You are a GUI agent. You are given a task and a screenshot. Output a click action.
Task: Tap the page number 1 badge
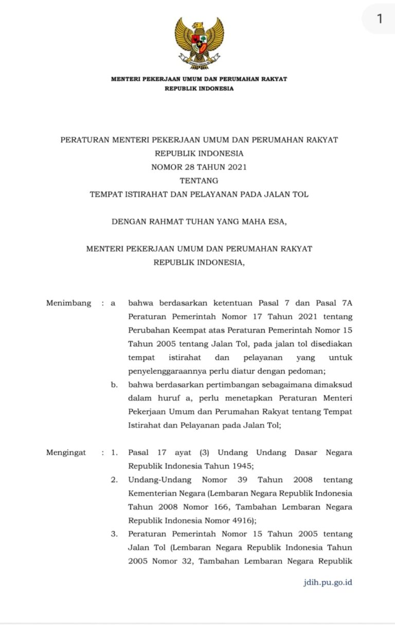pyautogui.click(x=380, y=19)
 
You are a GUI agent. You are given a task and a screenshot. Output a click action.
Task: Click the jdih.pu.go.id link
pyautogui.click(x=328, y=582)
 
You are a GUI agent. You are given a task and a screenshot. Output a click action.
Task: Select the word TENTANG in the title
pyautogui.click(x=199, y=181)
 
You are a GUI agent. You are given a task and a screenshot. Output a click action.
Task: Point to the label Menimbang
pyautogui.click(x=68, y=303)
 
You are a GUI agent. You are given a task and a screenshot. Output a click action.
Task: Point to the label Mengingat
pyautogui.click(x=66, y=453)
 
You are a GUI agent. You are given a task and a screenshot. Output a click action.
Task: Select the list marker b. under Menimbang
pyautogui.click(x=114, y=385)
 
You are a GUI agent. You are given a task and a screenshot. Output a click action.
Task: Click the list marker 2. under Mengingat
pyautogui.click(x=114, y=480)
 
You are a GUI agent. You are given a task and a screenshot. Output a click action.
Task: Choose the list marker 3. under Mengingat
pyautogui.click(x=114, y=534)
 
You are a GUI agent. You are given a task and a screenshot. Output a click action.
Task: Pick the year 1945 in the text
pyautogui.click(x=240, y=466)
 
